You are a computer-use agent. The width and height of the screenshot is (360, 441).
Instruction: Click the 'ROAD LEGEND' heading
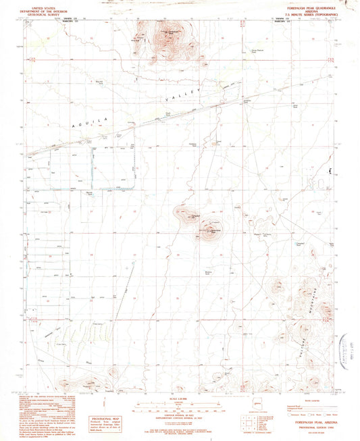[x=313, y=398]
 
